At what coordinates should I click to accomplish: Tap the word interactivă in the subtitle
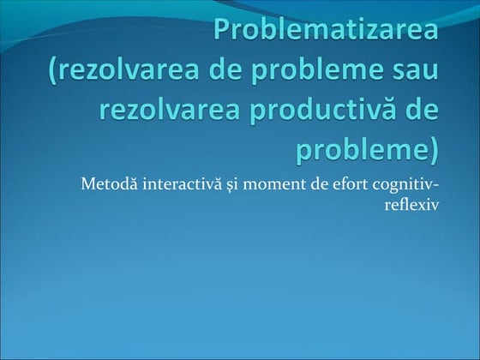(171, 183)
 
